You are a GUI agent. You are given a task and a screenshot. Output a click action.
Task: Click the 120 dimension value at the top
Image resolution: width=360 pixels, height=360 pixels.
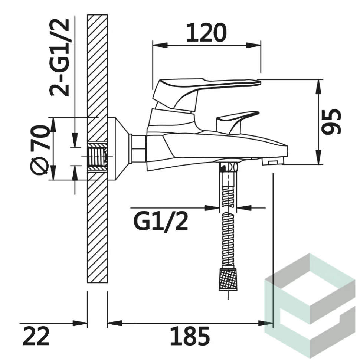click(206, 33)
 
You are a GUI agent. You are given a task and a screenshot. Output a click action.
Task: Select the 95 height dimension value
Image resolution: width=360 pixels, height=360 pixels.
click(331, 121)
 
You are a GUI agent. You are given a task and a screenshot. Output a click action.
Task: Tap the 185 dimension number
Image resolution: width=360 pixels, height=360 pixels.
click(190, 336)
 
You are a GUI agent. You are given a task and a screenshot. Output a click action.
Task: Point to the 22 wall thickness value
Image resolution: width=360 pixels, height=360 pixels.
click(36, 336)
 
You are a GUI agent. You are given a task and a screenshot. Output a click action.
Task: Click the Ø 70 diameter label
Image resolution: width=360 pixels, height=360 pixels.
click(39, 150)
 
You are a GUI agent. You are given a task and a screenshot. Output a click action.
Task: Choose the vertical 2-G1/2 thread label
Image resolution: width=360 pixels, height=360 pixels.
click(59, 58)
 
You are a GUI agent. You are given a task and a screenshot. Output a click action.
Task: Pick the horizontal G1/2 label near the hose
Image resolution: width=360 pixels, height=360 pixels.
click(161, 221)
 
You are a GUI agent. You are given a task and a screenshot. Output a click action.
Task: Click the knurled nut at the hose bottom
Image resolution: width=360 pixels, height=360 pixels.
click(228, 279)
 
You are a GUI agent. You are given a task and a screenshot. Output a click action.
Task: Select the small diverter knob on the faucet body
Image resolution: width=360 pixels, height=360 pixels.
click(238, 121)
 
